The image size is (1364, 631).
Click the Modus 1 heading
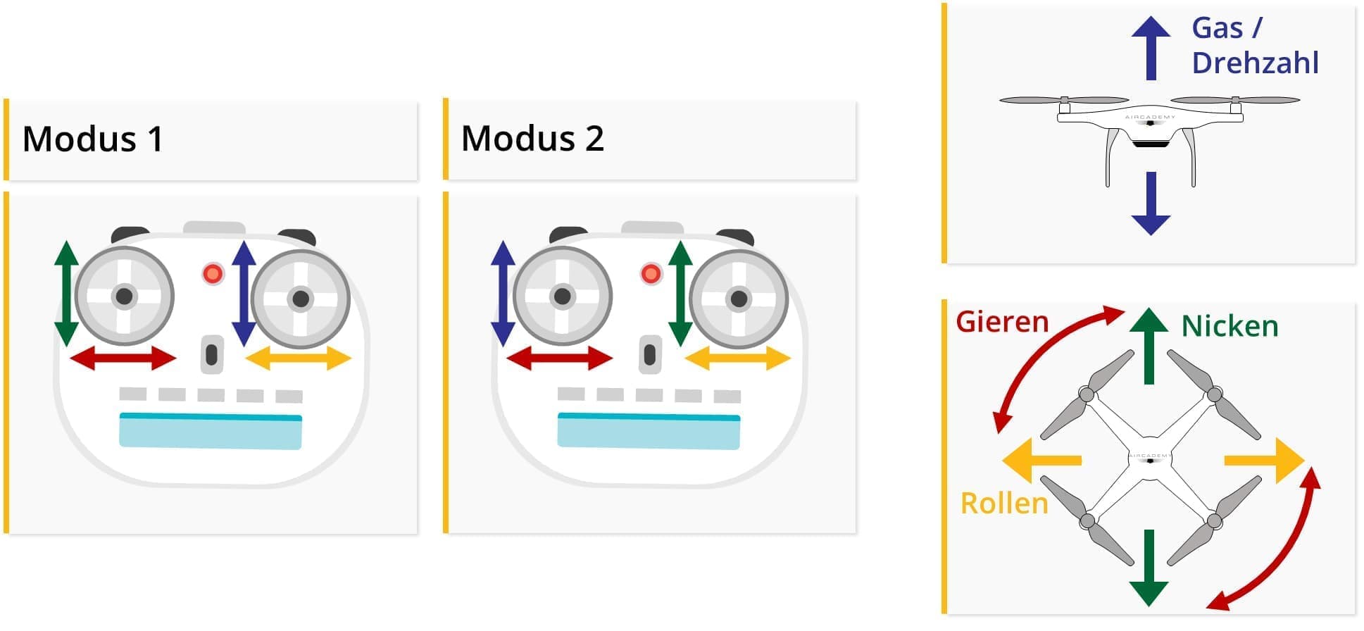93,139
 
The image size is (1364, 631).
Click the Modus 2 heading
532,139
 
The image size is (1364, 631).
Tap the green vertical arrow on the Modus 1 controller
66,293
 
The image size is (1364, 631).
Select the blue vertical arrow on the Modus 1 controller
243,293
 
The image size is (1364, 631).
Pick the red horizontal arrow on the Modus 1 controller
123,358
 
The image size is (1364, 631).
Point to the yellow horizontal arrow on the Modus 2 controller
737,358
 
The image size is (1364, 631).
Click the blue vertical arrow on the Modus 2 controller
503,293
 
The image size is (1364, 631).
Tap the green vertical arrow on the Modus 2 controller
680,293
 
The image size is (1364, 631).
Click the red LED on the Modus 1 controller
213,273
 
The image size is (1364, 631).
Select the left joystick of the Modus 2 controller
562,296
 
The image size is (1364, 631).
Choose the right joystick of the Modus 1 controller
301,299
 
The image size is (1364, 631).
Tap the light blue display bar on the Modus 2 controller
649,431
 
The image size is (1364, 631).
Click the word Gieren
1002,322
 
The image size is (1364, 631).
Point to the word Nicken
1230,327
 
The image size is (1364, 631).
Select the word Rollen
1004,504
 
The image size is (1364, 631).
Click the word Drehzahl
1255,63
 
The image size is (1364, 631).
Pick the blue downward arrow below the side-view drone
1151,204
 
